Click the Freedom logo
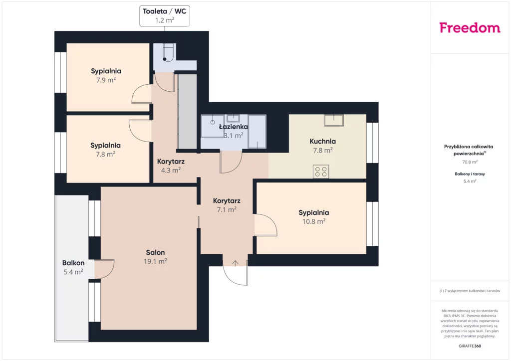point(470,27)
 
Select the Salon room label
point(156,252)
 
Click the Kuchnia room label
point(323,141)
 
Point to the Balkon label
point(73,263)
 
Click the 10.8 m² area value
point(314,221)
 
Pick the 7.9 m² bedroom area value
point(106,80)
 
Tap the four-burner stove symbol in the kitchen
point(321,172)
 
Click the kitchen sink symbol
point(334,120)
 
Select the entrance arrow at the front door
point(236,263)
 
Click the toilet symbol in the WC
point(167,53)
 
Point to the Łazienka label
point(234,127)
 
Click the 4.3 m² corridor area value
point(171,170)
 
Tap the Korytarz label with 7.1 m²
point(227,201)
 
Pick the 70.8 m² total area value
point(470,162)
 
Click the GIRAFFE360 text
point(470,346)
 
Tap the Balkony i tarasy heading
point(470,174)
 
